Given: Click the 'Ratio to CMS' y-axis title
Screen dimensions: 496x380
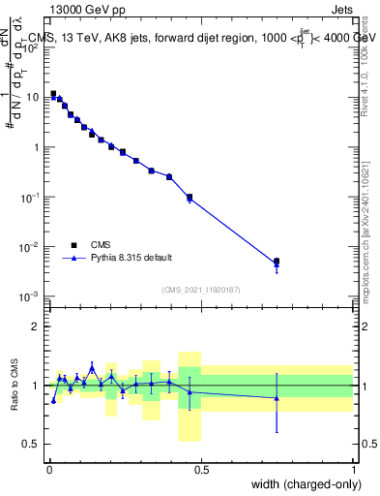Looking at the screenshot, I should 15,385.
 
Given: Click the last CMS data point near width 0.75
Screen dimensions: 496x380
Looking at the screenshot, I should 277,262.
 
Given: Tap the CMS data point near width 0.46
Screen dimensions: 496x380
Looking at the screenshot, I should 190,197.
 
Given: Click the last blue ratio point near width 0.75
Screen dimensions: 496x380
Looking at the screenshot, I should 277,398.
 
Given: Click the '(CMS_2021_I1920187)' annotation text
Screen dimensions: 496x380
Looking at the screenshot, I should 201,289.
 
